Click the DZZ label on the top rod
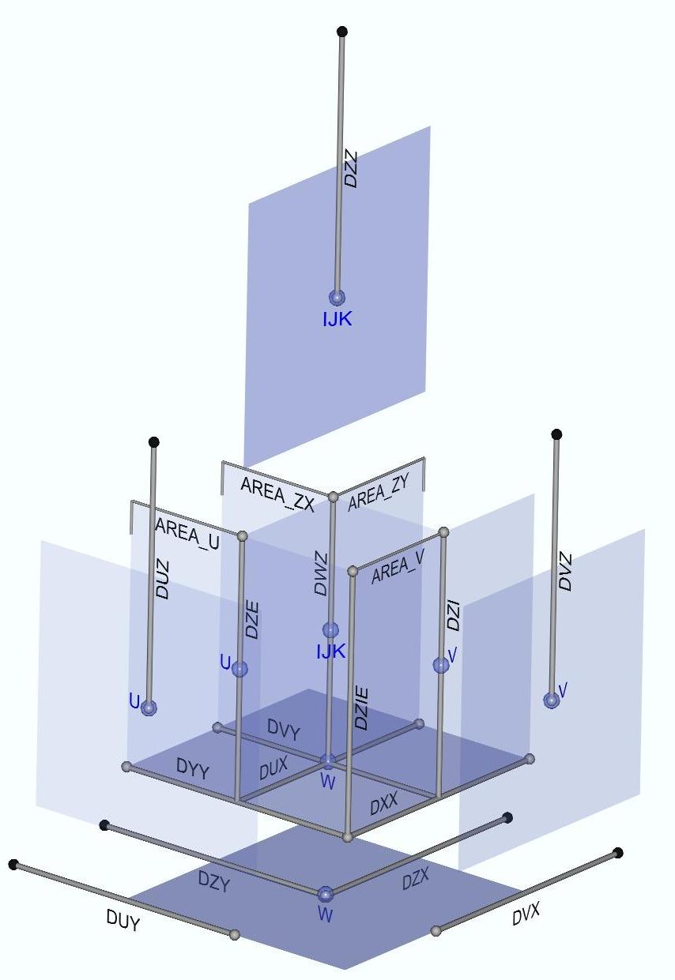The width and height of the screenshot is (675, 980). click(x=351, y=170)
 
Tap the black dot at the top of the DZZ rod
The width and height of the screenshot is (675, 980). click(x=342, y=32)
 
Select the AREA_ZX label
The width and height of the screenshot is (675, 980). click(x=277, y=494)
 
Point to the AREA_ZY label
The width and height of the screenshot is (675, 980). click(x=378, y=492)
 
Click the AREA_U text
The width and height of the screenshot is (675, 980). click(x=187, y=532)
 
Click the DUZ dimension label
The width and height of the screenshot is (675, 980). click(x=162, y=580)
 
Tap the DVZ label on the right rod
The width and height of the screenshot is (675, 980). click(x=565, y=572)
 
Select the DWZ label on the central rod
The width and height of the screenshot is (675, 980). click(x=321, y=573)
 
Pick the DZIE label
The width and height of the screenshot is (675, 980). click(x=361, y=709)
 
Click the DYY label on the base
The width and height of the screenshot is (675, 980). click(x=192, y=768)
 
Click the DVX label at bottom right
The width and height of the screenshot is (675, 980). click(x=526, y=914)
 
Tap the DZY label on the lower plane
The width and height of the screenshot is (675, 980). click(x=213, y=880)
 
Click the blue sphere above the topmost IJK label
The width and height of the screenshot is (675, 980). click(x=337, y=298)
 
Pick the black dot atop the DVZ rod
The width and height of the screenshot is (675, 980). click(x=556, y=434)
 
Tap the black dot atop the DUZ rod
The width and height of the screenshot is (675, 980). click(x=154, y=442)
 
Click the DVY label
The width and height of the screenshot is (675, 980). click(x=284, y=730)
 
